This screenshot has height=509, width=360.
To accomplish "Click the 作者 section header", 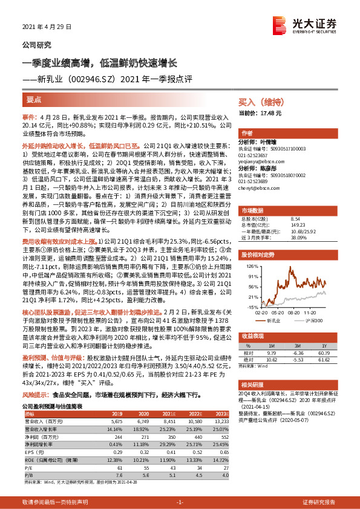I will coord(247,133).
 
